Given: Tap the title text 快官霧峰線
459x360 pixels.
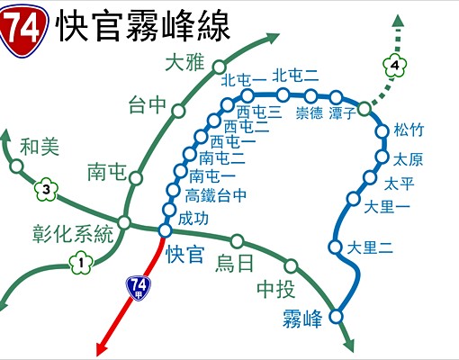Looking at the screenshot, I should click(143, 27).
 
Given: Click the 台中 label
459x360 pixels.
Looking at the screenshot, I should click(148, 105).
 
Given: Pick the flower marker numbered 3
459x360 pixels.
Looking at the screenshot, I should click(47, 189).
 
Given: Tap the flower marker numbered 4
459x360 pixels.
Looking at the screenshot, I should click(393, 66).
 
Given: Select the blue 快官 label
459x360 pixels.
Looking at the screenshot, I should click(186, 253).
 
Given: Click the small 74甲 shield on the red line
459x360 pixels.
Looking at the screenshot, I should click(139, 287).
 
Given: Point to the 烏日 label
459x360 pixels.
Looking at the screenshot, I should click(235, 263).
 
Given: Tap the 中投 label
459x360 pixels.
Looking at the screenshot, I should click(274, 289).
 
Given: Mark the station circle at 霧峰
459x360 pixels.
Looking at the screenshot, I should click(337, 315).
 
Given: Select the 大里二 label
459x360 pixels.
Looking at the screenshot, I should click(371, 246).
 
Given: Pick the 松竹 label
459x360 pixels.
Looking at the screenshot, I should click(408, 130).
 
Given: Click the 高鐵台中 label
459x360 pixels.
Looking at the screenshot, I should click(215, 194).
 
